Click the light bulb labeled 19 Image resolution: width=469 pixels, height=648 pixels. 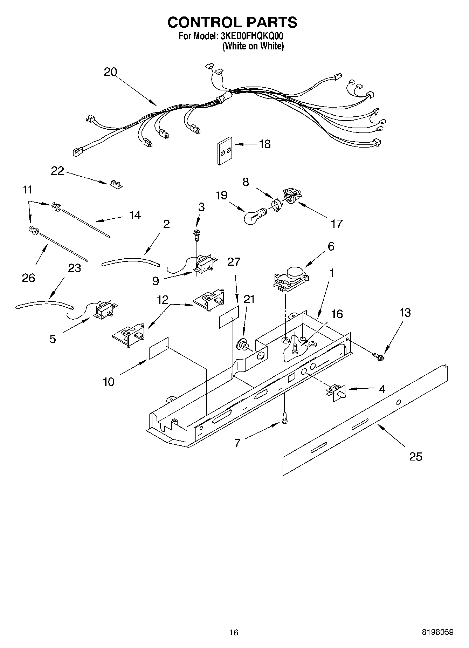253,216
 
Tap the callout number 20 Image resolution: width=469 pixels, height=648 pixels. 110,72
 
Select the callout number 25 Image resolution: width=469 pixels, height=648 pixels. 416,456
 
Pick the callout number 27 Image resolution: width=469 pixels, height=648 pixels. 234,262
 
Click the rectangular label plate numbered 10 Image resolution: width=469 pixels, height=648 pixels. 159,348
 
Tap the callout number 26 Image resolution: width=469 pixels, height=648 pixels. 28,278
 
